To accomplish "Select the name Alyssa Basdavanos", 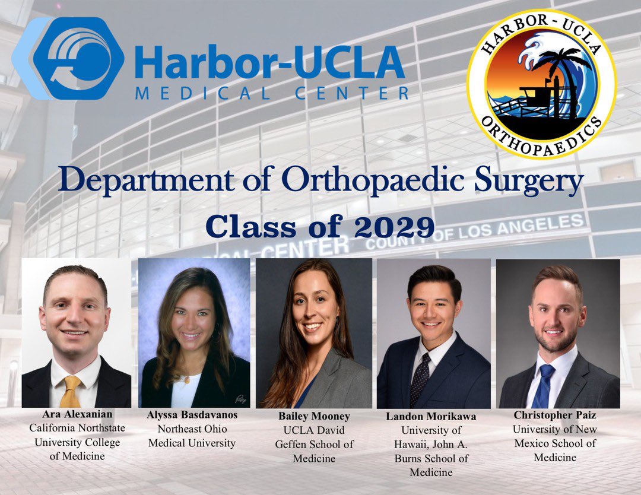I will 192,415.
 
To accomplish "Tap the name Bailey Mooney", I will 315,416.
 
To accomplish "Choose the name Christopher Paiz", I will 554,414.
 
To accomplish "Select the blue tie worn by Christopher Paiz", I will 544,385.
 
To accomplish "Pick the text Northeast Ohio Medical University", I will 192,436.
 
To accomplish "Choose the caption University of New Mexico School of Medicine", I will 554,443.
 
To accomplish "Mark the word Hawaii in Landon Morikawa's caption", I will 419,445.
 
